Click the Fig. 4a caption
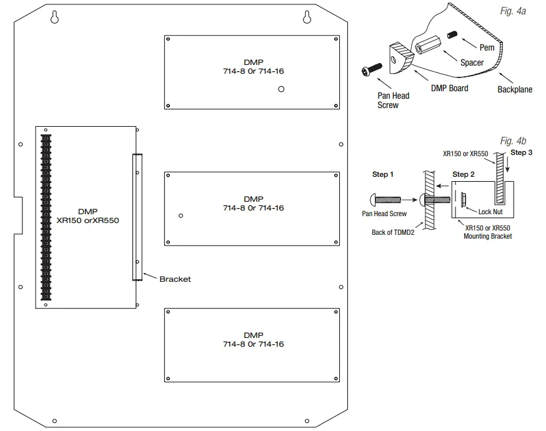coord(513,12)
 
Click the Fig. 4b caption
coord(514,141)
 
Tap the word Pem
coord(487,47)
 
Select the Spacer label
coord(472,62)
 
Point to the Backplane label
coord(515,89)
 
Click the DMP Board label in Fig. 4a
coord(449,88)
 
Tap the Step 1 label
coord(383,174)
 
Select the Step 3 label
coord(522,152)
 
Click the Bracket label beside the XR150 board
coord(175,279)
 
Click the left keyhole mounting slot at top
coord(56,17)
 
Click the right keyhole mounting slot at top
coord(307,17)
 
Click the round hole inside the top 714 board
coord(282,89)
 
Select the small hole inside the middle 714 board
coord(181,215)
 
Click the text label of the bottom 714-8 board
coord(253,340)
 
